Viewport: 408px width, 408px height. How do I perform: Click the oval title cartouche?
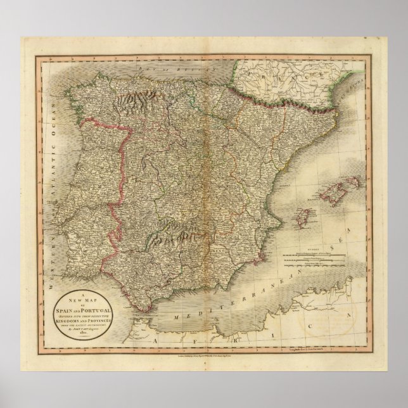(x=85, y=314)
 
